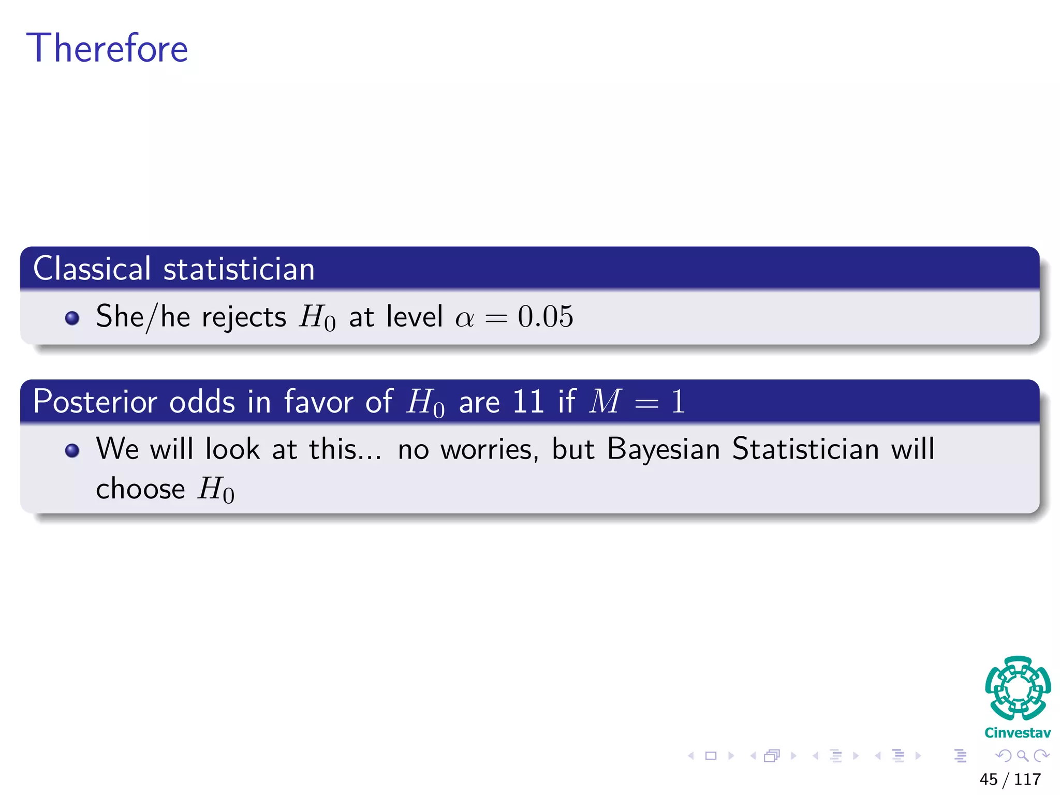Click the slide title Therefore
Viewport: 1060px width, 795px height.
(107, 48)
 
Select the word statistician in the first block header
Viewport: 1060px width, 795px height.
(239, 269)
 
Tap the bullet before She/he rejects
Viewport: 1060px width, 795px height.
(72, 317)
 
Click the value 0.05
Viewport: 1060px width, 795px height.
(546, 316)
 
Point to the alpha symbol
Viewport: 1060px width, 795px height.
(464, 318)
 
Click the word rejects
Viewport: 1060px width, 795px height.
(244, 317)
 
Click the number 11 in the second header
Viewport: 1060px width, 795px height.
(527, 402)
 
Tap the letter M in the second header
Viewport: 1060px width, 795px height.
(605, 402)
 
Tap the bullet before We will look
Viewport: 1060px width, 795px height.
(72, 450)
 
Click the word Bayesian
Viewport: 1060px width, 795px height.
(664, 449)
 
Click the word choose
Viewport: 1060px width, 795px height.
(140, 489)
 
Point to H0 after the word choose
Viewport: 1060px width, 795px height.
(216, 489)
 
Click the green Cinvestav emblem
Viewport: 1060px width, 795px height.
(1018, 688)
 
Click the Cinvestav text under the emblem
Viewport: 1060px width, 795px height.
(1018, 733)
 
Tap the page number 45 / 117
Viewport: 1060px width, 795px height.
(1010, 779)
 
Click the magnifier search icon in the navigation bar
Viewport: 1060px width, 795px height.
(1022, 756)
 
